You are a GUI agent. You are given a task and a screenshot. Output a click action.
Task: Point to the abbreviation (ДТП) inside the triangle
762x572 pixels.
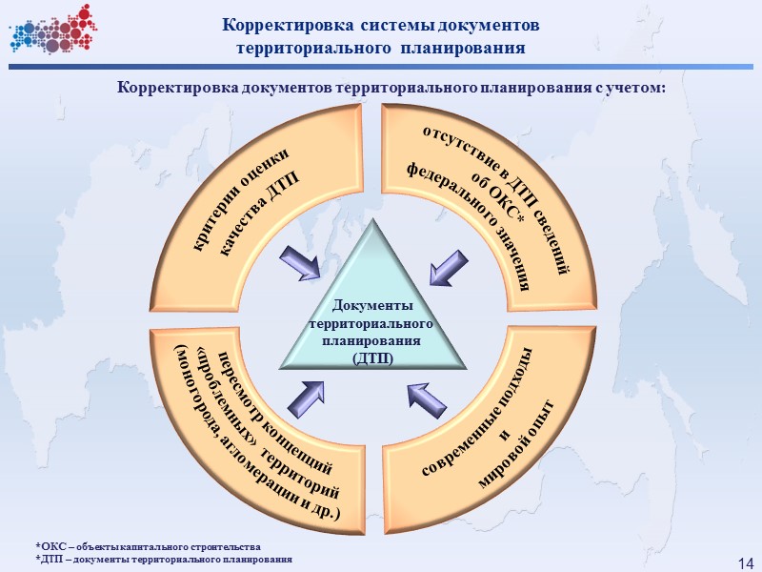(372, 357)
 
